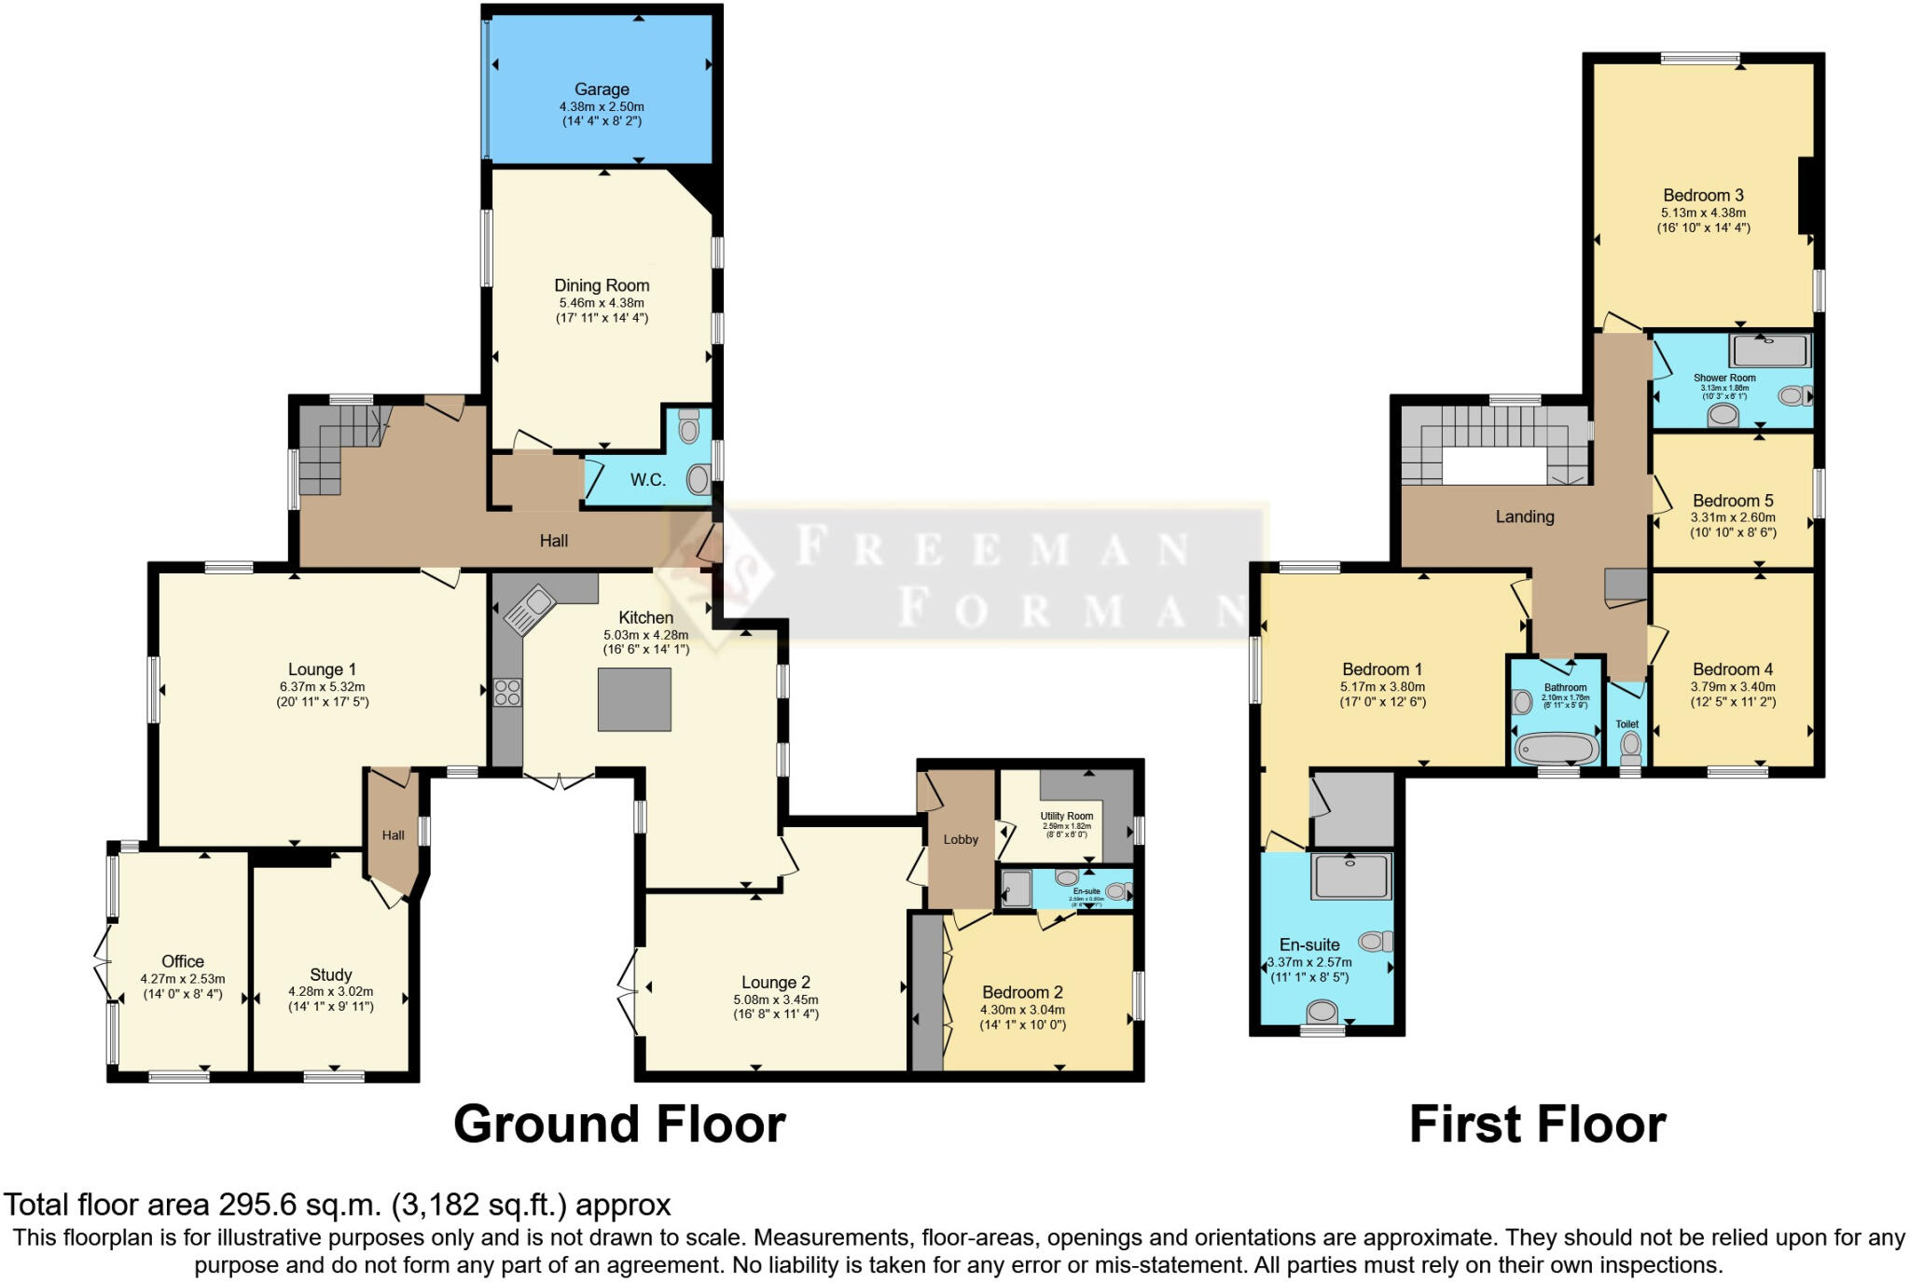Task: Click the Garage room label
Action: (x=602, y=90)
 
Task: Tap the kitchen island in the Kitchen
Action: (x=634, y=699)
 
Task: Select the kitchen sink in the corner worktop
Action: (x=530, y=607)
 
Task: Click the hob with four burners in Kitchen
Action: (x=508, y=693)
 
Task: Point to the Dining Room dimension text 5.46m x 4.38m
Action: (x=602, y=303)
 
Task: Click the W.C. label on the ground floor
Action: (x=647, y=480)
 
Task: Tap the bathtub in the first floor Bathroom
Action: (x=1557, y=749)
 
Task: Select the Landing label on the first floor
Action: (x=1525, y=517)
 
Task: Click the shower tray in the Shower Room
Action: (x=1769, y=352)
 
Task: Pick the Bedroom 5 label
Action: (x=1733, y=501)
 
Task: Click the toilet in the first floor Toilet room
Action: (x=1630, y=746)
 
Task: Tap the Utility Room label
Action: (x=1067, y=816)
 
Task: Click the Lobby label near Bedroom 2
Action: (x=961, y=839)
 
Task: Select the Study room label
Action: (x=331, y=974)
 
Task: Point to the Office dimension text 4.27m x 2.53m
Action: (x=183, y=979)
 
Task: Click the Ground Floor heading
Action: (x=619, y=1124)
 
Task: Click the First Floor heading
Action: (x=1537, y=1124)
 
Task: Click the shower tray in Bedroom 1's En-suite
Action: (x=1350, y=876)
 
